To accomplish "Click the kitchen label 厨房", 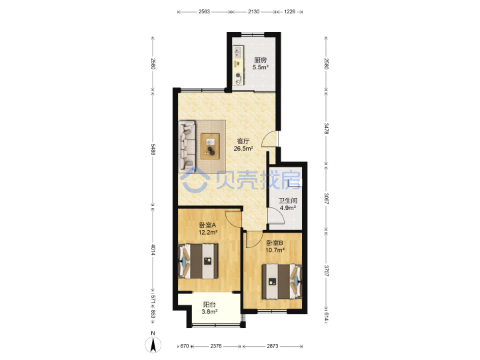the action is click(x=260, y=60).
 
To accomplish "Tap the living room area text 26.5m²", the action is click(x=243, y=149).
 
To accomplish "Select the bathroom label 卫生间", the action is click(x=288, y=201).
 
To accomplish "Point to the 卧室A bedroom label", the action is click(x=207, y=225).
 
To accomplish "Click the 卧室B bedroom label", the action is click(x=275, y=243).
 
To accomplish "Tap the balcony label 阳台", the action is click(x=210, y=305).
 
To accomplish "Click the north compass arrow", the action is click(x=153, y=344).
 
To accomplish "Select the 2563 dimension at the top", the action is click(x=204, y=11).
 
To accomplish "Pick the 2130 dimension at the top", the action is click(x=253, y=11).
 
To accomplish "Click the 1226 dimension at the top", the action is click(x=289, y=11).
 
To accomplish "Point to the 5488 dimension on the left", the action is click(x=153, y=149).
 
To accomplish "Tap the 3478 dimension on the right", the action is click(x=326, y=129).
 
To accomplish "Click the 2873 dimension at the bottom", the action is click(x=273, y=346).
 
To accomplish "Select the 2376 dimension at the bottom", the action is click(x=216, y=346).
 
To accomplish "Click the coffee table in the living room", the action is click(x=210, y=146).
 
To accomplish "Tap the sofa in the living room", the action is click(x=187, y=146).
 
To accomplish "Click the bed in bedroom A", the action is click(x=199, y=261).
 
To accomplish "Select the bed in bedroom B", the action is click(x=281, y=281).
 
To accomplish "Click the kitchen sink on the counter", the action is click(x=238, y=52).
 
